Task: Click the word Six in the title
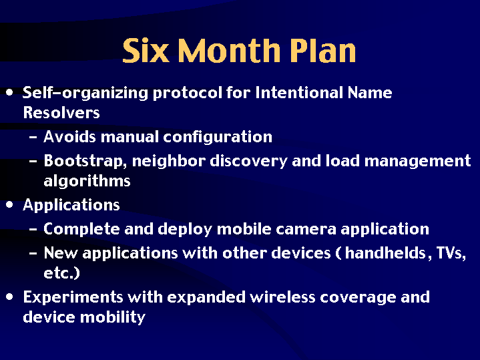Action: (x=146, y=50)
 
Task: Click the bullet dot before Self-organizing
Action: (x=9, y=92)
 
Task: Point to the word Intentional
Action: (x=299, y=93)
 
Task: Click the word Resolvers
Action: (x=61, y=112)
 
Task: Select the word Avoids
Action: (x=69, y=137)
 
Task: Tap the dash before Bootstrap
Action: (x=33, y=162)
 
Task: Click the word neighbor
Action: (x=168, y=161)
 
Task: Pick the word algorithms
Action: (x=87, y=181)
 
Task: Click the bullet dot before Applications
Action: (x=9, y=204)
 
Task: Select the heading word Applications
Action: (x=71, y=205)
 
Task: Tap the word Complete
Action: (x=81, y=229)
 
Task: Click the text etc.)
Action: (x=61, y=273)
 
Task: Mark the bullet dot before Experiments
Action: (x=9, y=297)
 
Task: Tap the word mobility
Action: (x=113, y=317)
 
